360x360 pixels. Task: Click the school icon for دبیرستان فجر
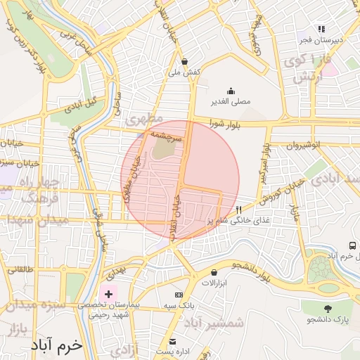click(321, 29)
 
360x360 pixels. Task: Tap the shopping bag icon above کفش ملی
click(184, 61)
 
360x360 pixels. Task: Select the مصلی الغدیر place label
click(231, 102)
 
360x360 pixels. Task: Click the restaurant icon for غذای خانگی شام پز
click(239, 210)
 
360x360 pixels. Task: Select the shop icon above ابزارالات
click(214, 272)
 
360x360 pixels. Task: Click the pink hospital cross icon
click(108, 293)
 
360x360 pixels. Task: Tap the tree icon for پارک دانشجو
click(327, 309)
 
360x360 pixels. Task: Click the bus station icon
click(352, 245)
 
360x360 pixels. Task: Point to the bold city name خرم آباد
click(57, 347)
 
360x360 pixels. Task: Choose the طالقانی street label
click(20, 269)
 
